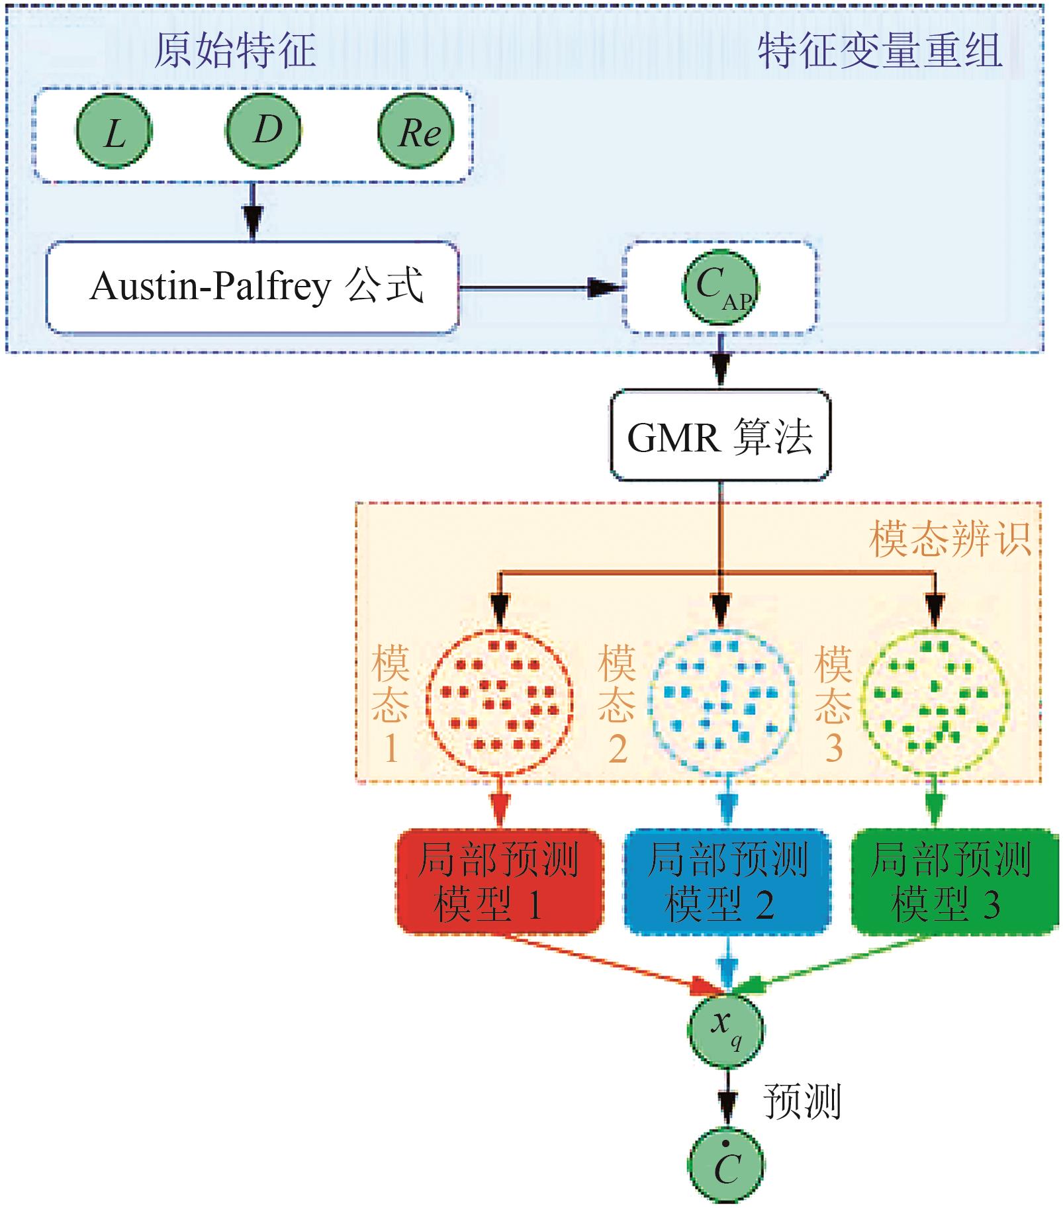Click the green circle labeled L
[114, 131]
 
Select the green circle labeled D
[264, 130]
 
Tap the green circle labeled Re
[416, 131]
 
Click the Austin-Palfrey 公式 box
[252, 287]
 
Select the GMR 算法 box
[719, 436]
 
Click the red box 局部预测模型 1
[500, 882]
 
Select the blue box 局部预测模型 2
[727, 882]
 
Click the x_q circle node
[726, 1030]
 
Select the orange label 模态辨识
[950, 539]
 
